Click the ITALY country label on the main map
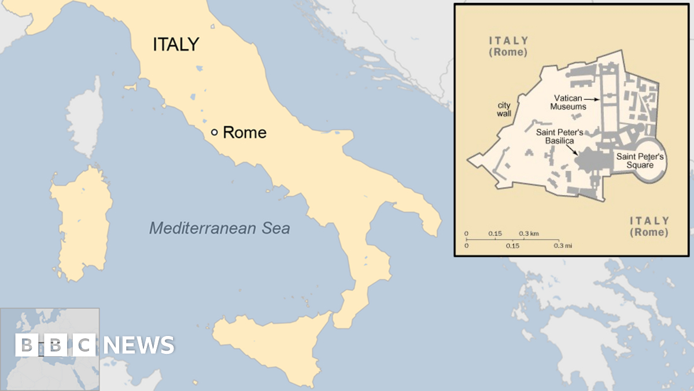tap(176, 45)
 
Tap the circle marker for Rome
tap(214, 132)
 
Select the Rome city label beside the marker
tap(245, 133)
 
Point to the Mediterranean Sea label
tap(220, 228)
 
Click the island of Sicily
tap(272, 348)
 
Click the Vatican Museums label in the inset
tap(568, 103)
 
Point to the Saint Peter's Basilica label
tap(559, 137)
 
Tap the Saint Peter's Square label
tap(640, 160)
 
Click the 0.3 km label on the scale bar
tap(529, 233)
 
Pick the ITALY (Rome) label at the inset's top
tap(508, 46)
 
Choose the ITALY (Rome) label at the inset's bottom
tap(649, 226)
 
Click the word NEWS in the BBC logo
tap(139, 345)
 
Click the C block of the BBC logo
tap(84, 345)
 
